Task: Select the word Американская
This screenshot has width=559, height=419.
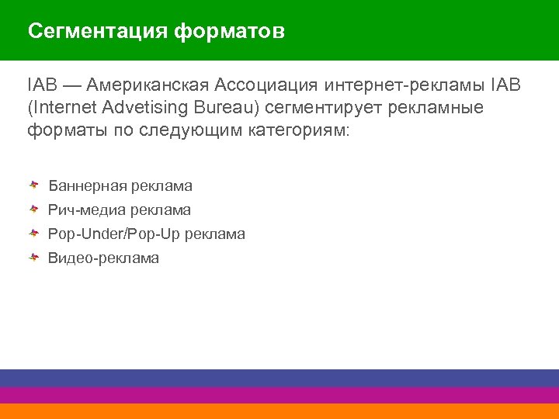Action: (148, 84)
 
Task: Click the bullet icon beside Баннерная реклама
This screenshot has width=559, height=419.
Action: (35, 186)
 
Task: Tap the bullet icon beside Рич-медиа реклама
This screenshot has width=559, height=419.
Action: (35, 209)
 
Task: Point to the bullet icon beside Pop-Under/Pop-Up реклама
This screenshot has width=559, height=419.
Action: (35, 234)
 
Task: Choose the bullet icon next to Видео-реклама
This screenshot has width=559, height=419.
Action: (35, 258)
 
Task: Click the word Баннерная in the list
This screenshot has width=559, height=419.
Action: (87, 186)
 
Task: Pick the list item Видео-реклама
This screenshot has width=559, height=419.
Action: (103, 258)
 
